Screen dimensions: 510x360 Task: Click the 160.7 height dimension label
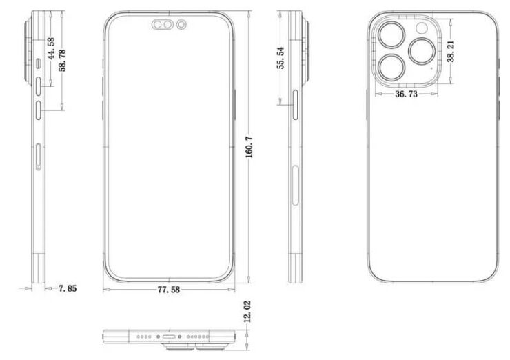pos(249,147)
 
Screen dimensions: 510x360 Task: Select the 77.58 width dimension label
pos(168,290)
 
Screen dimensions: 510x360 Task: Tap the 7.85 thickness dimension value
pos(68,288)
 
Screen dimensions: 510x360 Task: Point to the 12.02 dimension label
pos(247,312)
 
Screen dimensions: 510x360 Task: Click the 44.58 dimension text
pos(51,48)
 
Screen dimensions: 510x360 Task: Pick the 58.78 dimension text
pos(62,60)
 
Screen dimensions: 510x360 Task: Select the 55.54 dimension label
pos(280,58)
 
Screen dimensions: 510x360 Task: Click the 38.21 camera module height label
pos(451,51)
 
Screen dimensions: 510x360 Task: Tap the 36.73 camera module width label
pos(406,94)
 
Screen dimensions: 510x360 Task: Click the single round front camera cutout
pos(181,24)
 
